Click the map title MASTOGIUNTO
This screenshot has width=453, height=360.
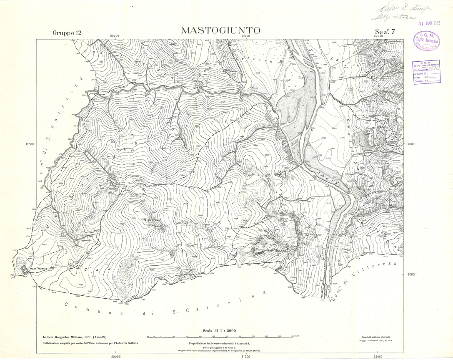point(220,31)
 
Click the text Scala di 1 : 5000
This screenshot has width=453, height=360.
point(220,329)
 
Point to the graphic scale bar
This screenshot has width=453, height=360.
point(220,336)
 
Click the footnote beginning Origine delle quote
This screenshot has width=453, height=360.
point(220,350)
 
